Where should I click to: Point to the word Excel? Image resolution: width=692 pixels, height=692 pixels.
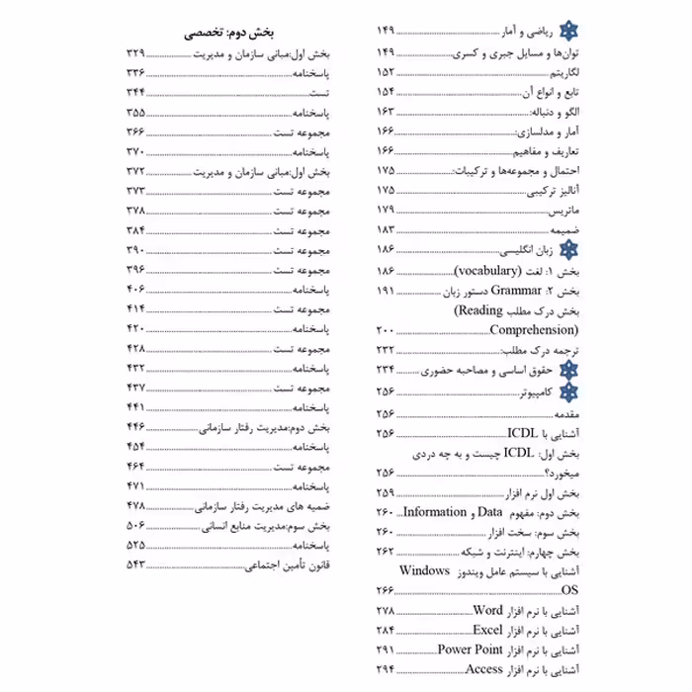488,630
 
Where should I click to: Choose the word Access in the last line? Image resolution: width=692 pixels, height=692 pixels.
484,669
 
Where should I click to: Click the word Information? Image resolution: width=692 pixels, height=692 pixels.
434,511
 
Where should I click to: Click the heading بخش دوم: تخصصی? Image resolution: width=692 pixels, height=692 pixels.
230,31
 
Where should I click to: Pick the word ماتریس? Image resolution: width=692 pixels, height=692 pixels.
561,210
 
